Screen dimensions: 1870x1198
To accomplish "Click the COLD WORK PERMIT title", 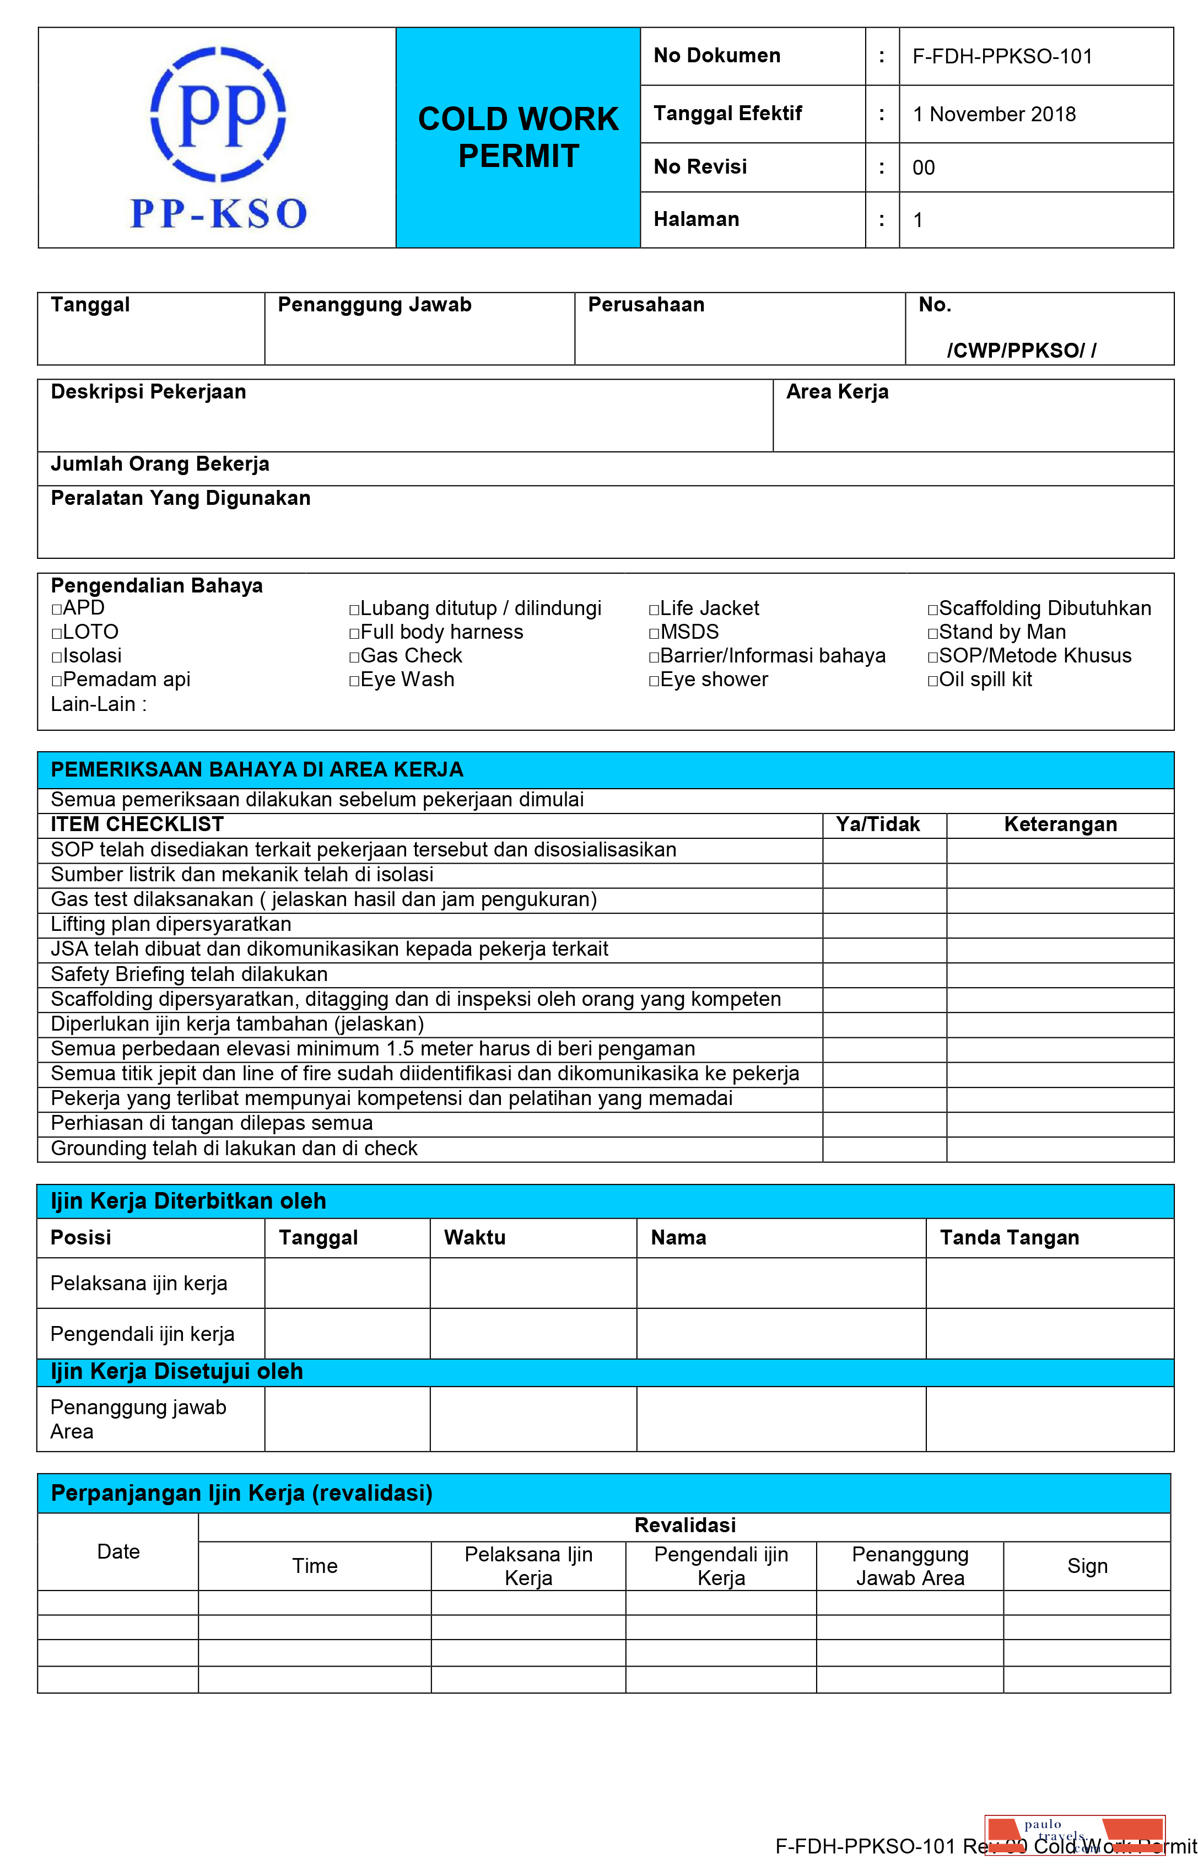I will point(518,138).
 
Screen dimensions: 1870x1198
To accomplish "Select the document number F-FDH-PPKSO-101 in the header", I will point(1002,57).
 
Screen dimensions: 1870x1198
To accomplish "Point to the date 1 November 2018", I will point(994,114).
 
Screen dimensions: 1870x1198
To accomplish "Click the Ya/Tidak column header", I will point(877,824).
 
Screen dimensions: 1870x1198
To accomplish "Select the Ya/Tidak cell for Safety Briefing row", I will point(884,974).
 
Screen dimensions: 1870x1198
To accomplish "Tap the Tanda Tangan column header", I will point(1009,1238).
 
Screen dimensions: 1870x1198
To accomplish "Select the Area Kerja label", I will point(837,392).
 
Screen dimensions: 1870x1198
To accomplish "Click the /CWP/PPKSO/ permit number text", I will point(1021,351).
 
